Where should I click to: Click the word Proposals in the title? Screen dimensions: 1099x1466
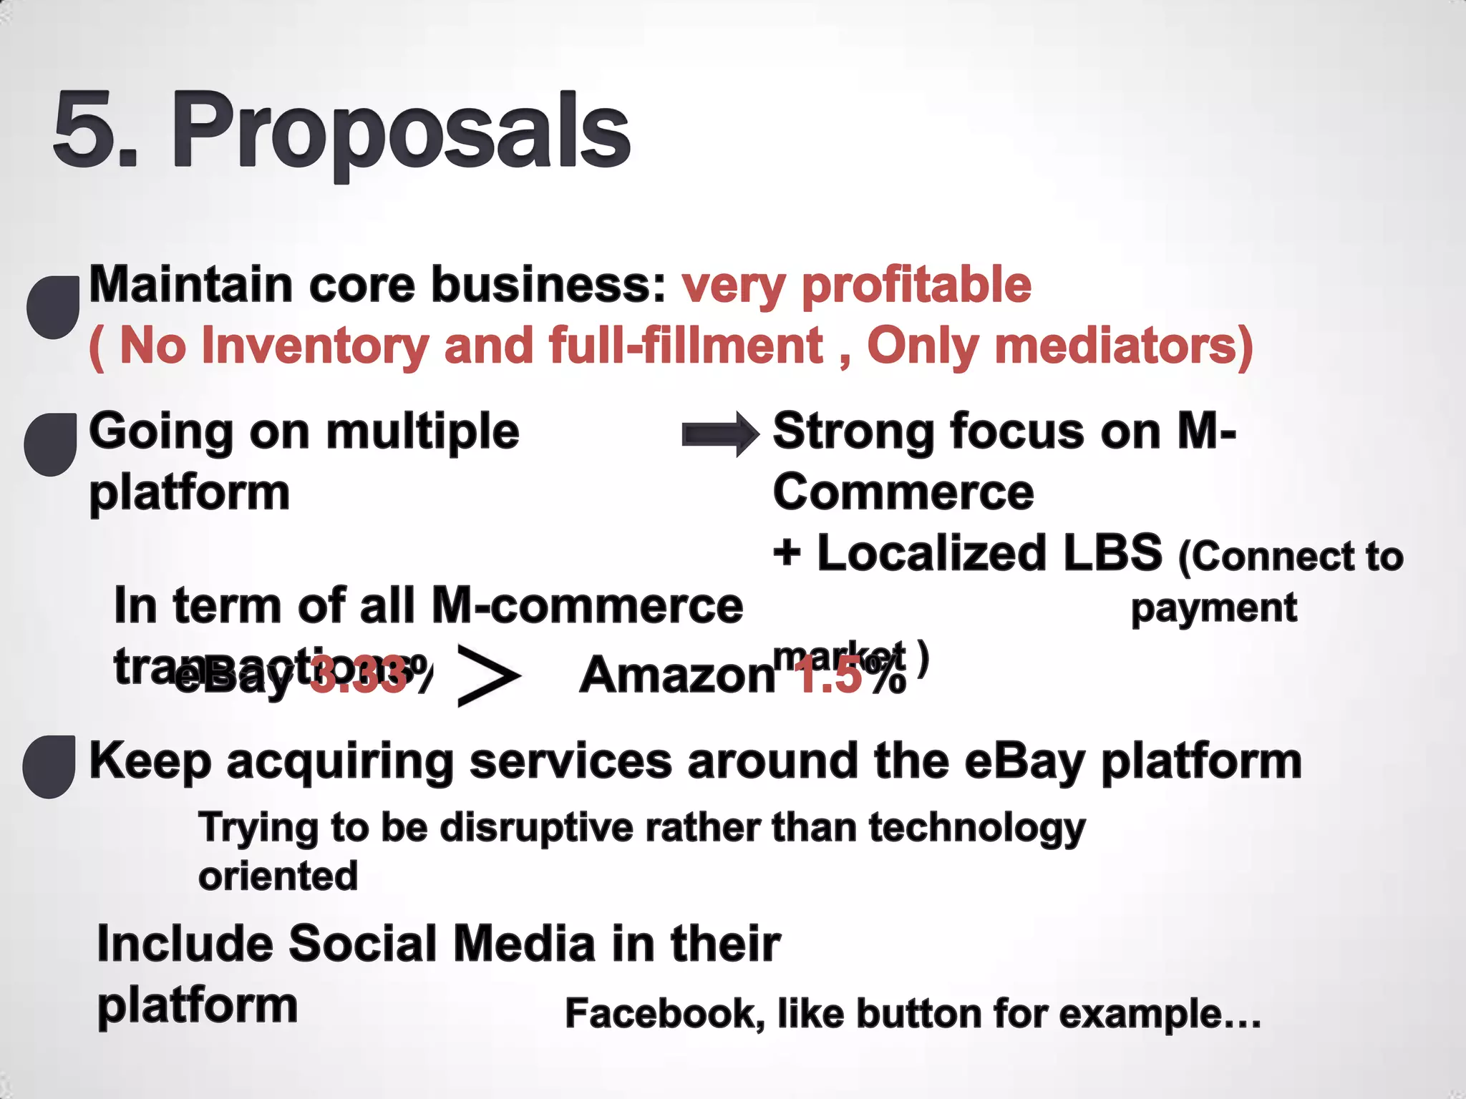(x=401, y=132)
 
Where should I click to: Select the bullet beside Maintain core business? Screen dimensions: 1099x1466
(x=53, y=307)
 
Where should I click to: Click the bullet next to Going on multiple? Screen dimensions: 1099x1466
(x=51, y=444)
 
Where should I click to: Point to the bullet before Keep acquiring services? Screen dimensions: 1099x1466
(x=49, y=766)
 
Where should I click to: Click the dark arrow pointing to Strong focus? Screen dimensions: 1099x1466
(x=720, y=434)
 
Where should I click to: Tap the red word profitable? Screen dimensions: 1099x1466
(x=916, y=285)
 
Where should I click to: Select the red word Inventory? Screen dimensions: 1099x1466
(x=314, y=346)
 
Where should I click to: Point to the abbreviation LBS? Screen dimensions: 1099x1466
(x=1111, y=553)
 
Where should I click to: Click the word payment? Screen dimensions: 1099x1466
(x=1213, y=608)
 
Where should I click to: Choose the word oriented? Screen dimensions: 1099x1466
(x=278, y=876)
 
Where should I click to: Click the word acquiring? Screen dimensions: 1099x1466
(x=340, y=761)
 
